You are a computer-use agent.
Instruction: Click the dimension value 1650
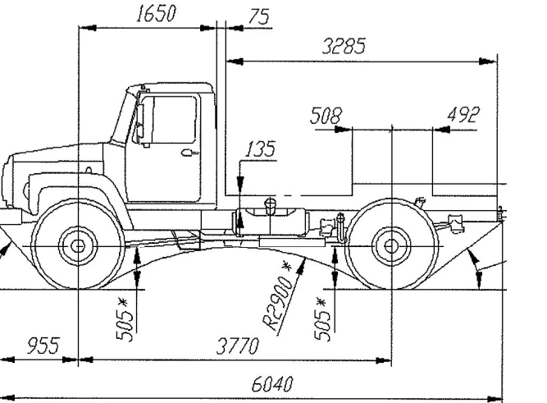click(156, 16)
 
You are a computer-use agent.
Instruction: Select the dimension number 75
click(258, 17)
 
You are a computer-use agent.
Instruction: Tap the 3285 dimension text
click(344, 47)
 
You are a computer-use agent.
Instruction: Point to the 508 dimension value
click(326, 116)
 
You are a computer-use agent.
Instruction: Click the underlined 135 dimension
click(260, 149)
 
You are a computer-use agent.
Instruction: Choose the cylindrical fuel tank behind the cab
click(271, 222)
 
